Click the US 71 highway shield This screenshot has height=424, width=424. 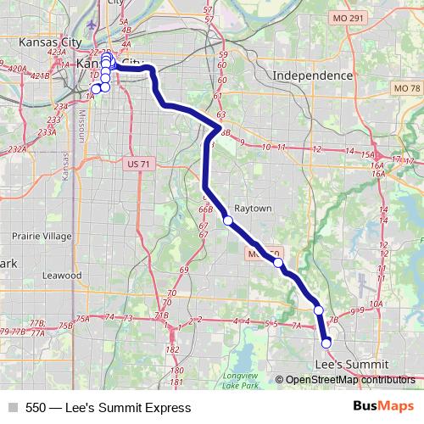(134, 162)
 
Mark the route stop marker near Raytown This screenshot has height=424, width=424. (227, 220)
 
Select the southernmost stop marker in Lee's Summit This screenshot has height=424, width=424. (326, 343)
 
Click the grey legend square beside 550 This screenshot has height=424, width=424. (12, 408)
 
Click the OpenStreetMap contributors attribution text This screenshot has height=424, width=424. (350, 380)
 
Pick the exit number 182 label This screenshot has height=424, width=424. (174, 349)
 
